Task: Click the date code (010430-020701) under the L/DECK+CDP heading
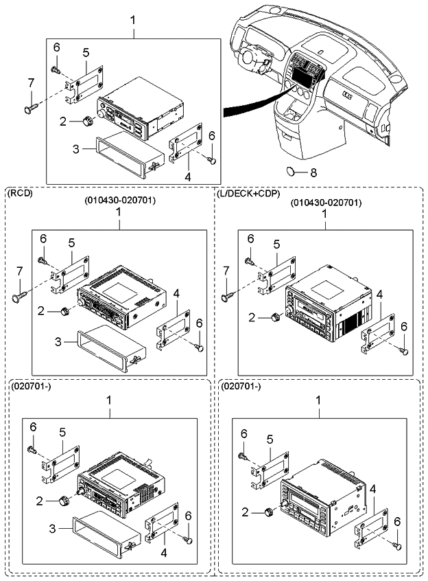[x=326, y=203]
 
